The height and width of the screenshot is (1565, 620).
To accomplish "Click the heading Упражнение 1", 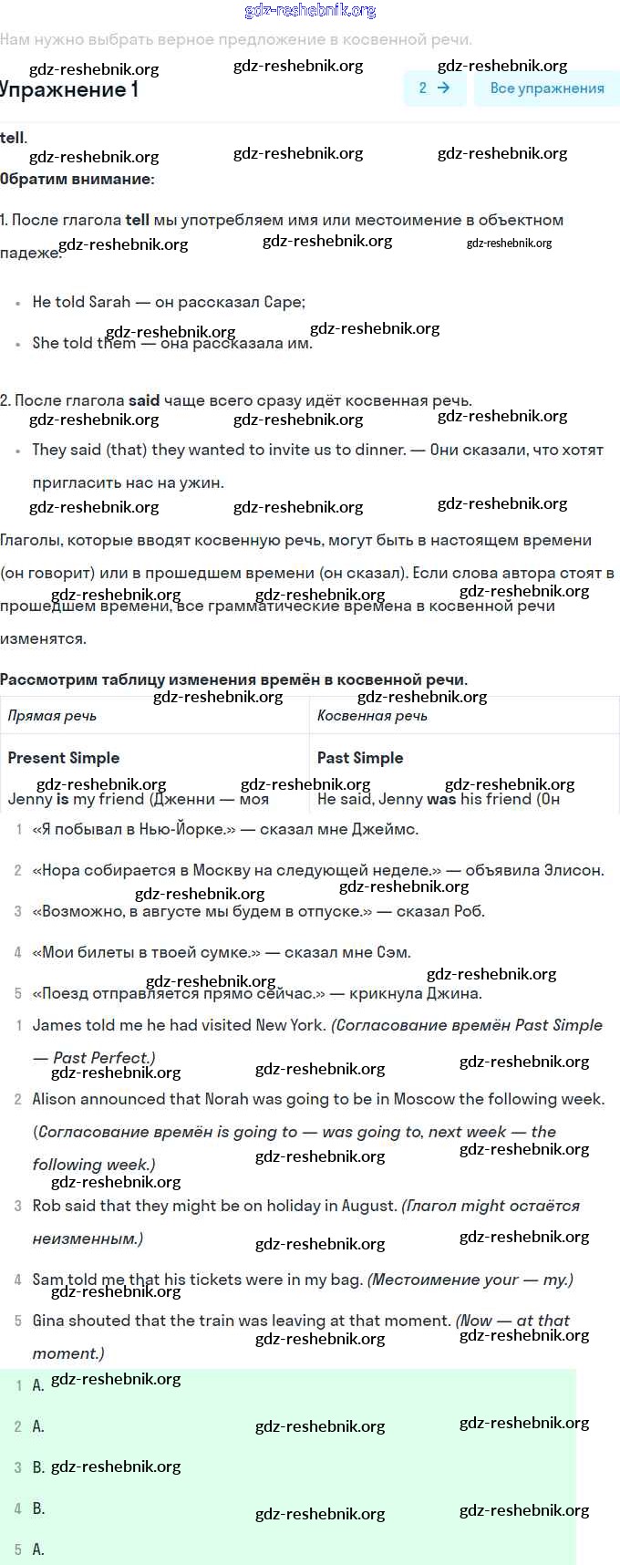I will [x=69, y=89].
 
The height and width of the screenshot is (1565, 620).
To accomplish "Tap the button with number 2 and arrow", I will [x=434, y=88].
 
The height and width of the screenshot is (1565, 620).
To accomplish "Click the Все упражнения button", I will [x=546, y=88].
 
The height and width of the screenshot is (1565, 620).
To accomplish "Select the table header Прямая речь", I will [x=52, y=716].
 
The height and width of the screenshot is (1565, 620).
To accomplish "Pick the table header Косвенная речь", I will [x=372, y=716].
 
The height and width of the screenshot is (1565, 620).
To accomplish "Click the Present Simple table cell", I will [x=64, y=758].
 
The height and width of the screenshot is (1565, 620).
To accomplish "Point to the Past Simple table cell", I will [x=360, y=758].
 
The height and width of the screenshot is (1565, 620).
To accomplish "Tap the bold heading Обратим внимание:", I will [x=77, y=179].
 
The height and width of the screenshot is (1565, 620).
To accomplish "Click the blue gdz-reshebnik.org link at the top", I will [x=310, y=11].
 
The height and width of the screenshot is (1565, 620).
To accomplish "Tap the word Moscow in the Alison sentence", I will [x=424, y=1099].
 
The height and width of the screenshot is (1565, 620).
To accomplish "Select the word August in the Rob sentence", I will [x=369, y=1206].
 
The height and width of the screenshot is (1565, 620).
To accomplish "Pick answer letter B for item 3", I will [x=38, y=1467].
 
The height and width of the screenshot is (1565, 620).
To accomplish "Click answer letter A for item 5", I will [x=38, y=1549].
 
